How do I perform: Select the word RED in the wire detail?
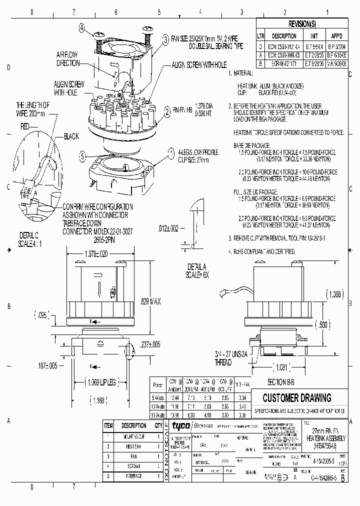[25, 127]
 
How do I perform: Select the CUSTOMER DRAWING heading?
[297, 398]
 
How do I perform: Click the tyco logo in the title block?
[178, 425]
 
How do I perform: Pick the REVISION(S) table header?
[302, 24]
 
